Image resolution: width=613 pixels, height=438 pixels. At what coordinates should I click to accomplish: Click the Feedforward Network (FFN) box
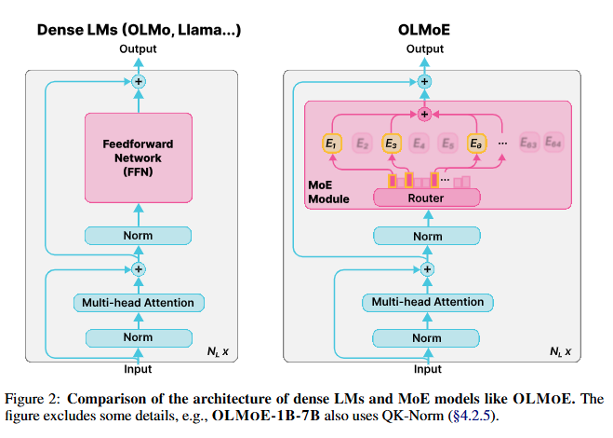(139, 157)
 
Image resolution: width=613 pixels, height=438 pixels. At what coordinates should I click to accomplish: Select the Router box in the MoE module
(426, 198)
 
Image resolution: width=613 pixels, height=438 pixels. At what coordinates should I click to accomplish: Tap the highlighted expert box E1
(330, 144)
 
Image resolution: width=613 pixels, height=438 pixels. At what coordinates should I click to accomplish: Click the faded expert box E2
(360, 144)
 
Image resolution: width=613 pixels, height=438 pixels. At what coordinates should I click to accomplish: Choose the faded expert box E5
(447, 144)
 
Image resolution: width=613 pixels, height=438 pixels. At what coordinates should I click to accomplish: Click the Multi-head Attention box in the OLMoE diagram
(427, 302)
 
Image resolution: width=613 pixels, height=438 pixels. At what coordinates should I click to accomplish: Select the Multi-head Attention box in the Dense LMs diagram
(139, 302)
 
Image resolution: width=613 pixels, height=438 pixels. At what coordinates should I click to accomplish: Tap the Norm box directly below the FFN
(139, 236)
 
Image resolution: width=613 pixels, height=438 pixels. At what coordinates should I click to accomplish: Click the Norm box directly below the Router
(427, 236)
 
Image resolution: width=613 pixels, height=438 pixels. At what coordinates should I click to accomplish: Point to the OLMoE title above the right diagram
(425, 31)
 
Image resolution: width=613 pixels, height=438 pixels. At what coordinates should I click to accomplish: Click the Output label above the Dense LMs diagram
(139, 49)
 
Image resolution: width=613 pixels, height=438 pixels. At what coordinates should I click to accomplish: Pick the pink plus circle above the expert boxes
(425, 115)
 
